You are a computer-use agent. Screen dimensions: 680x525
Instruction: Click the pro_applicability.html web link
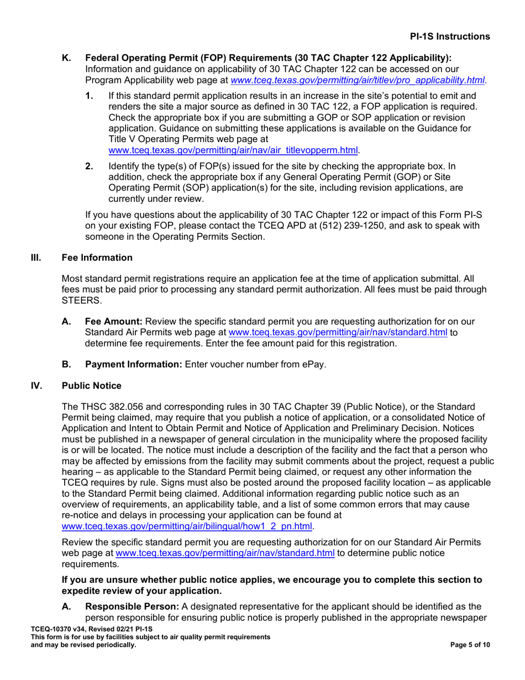(x=358, y=80)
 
